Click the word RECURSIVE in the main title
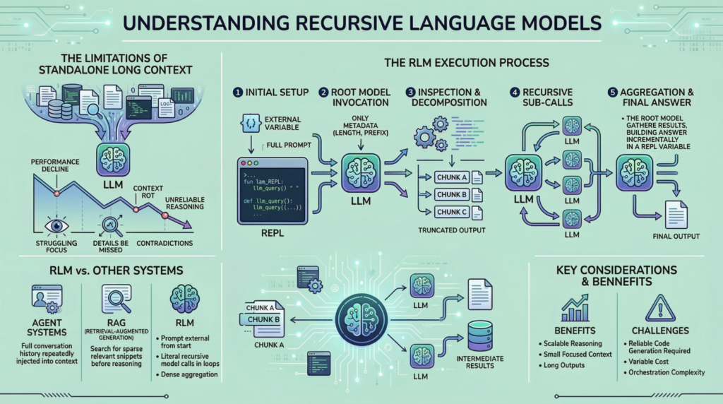pos(331,23)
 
